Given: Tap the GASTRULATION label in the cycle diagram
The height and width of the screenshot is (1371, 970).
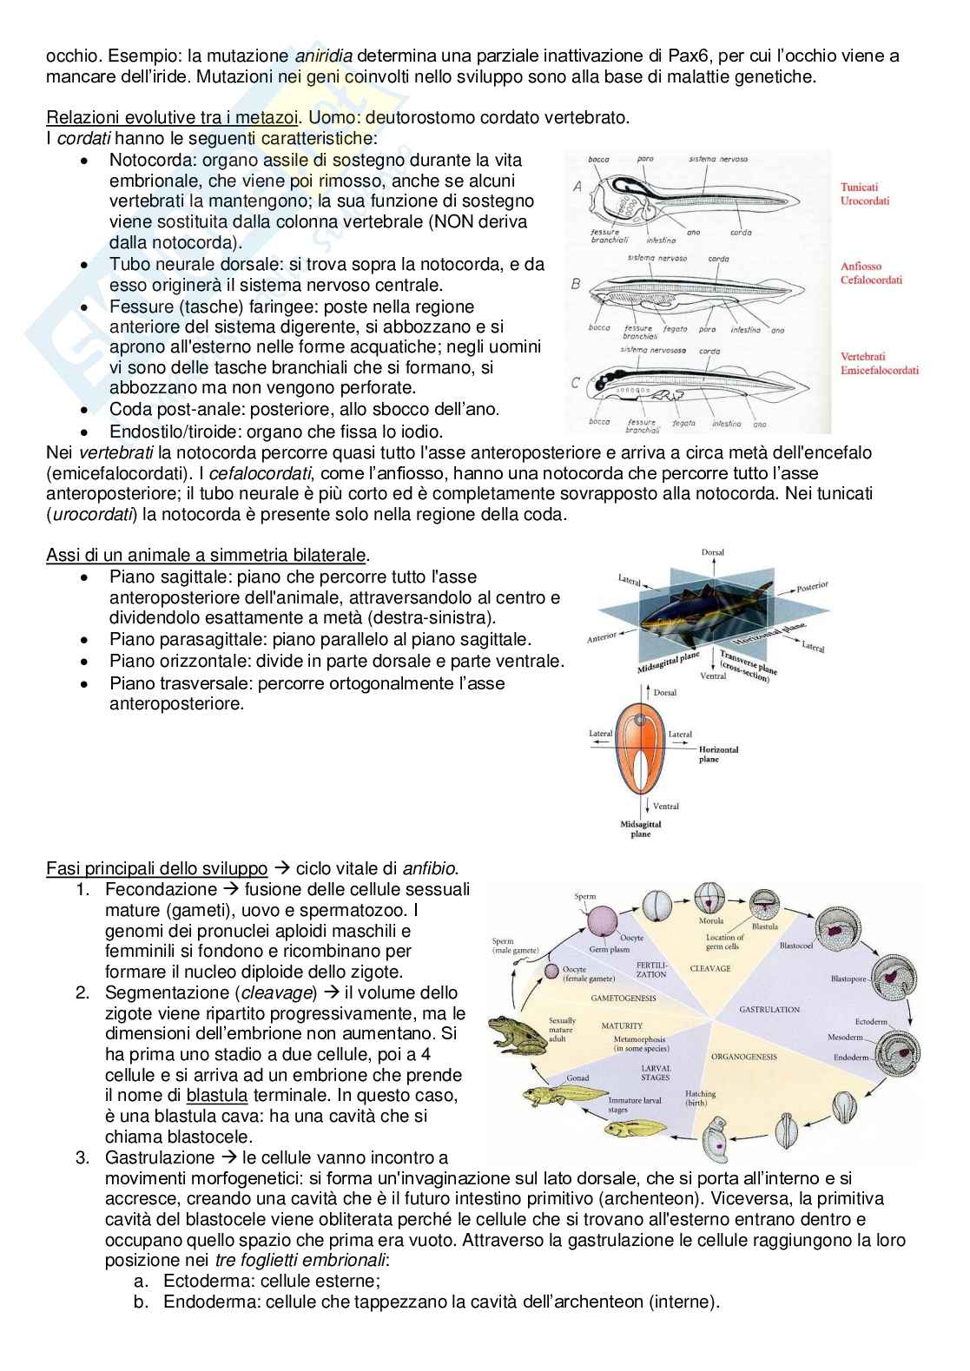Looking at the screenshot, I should coord(769,1010).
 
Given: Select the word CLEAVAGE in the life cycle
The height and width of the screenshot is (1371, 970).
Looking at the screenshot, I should coord(710,968).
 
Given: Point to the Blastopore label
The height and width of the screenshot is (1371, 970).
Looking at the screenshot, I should coord(848,979).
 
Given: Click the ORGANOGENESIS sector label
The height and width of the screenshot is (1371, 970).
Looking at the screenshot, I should coord(744,1057).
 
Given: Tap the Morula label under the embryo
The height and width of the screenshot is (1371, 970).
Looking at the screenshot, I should coord(711,920).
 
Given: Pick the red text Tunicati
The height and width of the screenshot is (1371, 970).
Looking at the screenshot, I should coord(859,187).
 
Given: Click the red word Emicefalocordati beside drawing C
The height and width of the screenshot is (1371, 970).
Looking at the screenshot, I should coord(879,370).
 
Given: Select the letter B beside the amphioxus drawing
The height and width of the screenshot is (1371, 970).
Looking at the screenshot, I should coord(576,284).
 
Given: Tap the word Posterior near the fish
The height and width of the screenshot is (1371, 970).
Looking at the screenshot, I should coord(812,586).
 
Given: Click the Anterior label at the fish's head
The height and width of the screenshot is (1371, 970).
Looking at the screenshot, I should coord(602,637).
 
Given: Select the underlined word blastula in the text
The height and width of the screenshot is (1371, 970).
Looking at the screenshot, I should coord(217,1095).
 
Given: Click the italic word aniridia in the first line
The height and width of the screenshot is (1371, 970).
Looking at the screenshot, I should coord(323,56).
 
